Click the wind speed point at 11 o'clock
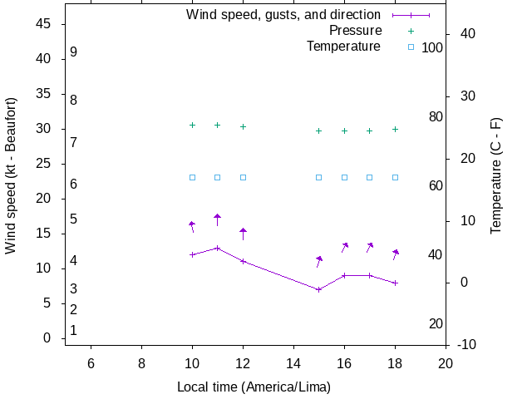point(218,248)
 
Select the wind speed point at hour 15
point(318,289)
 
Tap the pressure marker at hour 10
point(192,125)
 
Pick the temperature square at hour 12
point(243,177)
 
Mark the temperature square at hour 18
point(395,177)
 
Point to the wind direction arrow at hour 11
point(218,219)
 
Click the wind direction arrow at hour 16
point(344,247)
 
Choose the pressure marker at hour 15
point(318,131)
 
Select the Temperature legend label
point(343,47)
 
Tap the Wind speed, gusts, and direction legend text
point(283,15)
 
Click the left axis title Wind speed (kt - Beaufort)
point(11,175)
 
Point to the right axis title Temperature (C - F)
point(496,175)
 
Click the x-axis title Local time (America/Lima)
point(254,387)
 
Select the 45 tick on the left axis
point(45,24)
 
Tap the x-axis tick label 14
point(293,363)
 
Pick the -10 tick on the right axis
point(467,344)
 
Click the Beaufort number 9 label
point(74,52)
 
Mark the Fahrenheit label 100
point(432,47)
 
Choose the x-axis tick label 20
point(446,363)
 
